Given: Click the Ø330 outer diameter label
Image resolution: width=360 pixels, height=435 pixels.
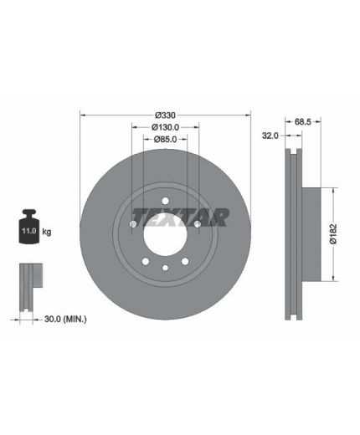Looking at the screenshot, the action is [x=165, y=115].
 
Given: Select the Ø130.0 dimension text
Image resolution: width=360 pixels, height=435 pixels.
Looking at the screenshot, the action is [x=165, y=127].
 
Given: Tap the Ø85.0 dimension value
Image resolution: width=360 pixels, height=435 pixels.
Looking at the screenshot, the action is [x=165, y=139].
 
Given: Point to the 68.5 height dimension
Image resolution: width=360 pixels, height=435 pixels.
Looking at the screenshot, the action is [x=302, y=121].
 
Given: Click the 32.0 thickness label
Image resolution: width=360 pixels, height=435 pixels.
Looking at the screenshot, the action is [x=270, y=136].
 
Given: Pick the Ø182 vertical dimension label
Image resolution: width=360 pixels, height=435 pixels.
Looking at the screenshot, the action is [x=333, y=234].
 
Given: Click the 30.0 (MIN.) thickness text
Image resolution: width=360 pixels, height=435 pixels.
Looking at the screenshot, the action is [x=65, y=319].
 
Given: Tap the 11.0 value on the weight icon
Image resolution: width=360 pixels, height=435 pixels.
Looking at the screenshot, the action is [x=29, y=231].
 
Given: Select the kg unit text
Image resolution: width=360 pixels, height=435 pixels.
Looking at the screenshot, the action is [x=47, y=232].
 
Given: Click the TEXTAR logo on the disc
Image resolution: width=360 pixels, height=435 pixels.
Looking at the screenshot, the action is [x=181, y=217].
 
